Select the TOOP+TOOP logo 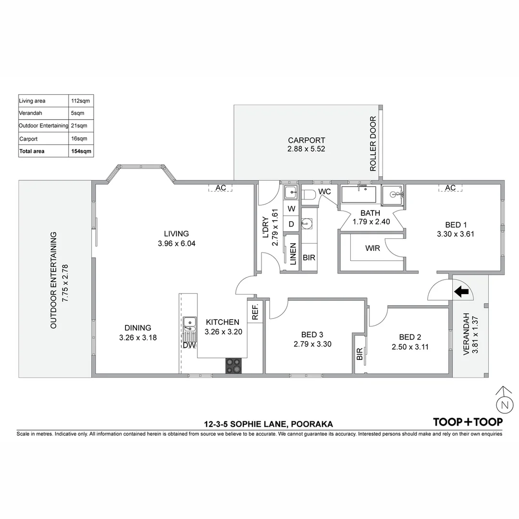point(468,422)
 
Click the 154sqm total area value point(80,151)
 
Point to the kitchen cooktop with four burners point(234,366)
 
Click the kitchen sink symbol point(190,322)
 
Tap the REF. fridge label point(255,311)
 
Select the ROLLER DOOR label point(373,144)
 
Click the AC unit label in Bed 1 point(450,188)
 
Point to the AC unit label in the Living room point(221,188)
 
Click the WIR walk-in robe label point(372,248)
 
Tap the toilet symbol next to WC point(308,194)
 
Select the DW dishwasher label point(188,345)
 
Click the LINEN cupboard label point(292,253)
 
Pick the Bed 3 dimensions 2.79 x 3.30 point(312,344)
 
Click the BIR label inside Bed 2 point(359,355)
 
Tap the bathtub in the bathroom point(359,196)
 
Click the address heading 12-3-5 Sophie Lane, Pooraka point(268,424)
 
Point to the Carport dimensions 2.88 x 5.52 point(307,149)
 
